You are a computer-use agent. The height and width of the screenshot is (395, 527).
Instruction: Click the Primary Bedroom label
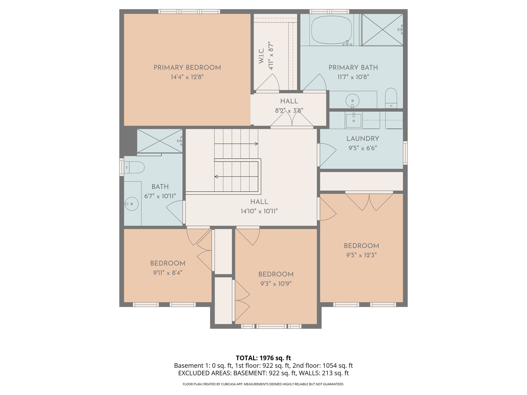(187, 68)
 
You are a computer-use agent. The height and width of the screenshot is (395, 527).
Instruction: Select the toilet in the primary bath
(391, 98)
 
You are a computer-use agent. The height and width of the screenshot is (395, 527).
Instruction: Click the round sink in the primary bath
(352, 101)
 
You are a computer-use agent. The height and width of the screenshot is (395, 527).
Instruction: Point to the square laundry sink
(354, 120)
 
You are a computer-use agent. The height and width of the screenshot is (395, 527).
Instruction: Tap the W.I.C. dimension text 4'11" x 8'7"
(271, 56)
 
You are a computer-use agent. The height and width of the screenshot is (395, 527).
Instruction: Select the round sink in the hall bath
(131, 204)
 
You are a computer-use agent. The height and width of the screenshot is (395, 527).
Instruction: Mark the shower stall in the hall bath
(160, 141)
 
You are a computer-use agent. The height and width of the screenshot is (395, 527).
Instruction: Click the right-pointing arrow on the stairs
(256, 144)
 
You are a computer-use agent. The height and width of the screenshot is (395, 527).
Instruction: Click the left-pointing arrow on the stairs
(216, 177)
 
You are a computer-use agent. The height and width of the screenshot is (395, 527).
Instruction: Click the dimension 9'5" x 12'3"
(361, 255)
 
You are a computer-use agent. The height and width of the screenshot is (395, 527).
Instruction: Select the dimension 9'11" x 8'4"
(168, 273)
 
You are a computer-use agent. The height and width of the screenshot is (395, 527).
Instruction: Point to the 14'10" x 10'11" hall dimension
(259, 211)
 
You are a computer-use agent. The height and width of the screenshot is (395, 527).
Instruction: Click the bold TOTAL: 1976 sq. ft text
(263, 358)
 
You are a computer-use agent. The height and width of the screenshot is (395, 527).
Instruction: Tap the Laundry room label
(363, 139)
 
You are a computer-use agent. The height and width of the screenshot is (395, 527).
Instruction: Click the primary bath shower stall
(382, 30)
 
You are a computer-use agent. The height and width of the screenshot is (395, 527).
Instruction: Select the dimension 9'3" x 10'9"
(276, 284)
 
